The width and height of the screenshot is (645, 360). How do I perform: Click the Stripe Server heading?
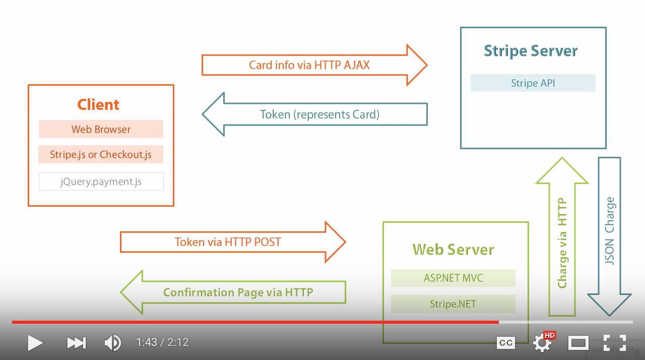531,51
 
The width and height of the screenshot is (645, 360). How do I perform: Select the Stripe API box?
533,83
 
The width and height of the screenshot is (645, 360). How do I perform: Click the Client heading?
98,104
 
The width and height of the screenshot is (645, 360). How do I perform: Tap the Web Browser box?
101,129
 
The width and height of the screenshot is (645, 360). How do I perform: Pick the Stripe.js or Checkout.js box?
101,154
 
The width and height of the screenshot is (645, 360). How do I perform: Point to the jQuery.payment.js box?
101,182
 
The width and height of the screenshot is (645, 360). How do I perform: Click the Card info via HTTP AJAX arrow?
309,65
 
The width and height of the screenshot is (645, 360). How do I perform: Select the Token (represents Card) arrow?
319,114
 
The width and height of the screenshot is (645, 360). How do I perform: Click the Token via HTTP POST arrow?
228,242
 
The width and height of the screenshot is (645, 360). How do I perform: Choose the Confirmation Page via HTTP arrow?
238,292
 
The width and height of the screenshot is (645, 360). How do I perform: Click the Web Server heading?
453,250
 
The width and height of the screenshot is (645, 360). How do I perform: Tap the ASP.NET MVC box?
453,278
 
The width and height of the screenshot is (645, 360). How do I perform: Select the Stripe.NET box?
453,304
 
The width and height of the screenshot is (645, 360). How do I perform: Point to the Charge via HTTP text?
562,243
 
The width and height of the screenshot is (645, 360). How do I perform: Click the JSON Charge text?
610,231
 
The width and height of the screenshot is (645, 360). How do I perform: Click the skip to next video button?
76,343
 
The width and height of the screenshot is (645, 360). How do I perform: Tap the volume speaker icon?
112,343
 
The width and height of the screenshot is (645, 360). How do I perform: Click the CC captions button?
505,343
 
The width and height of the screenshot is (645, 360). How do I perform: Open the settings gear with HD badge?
543,343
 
